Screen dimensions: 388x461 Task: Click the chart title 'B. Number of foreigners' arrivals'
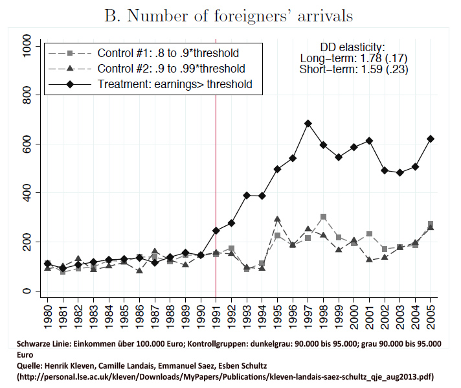click(231, 16)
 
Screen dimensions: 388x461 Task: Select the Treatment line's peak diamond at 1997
click(308, 123)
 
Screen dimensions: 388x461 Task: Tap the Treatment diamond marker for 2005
click(431, 139)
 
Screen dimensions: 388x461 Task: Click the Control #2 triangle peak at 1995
click(277, 219)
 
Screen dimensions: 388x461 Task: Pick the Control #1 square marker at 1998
click(323, 217)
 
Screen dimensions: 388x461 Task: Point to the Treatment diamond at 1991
click(216, 231)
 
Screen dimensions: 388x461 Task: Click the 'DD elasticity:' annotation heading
click(353, 47)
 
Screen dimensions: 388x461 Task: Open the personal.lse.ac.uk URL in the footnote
click(225, 376)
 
